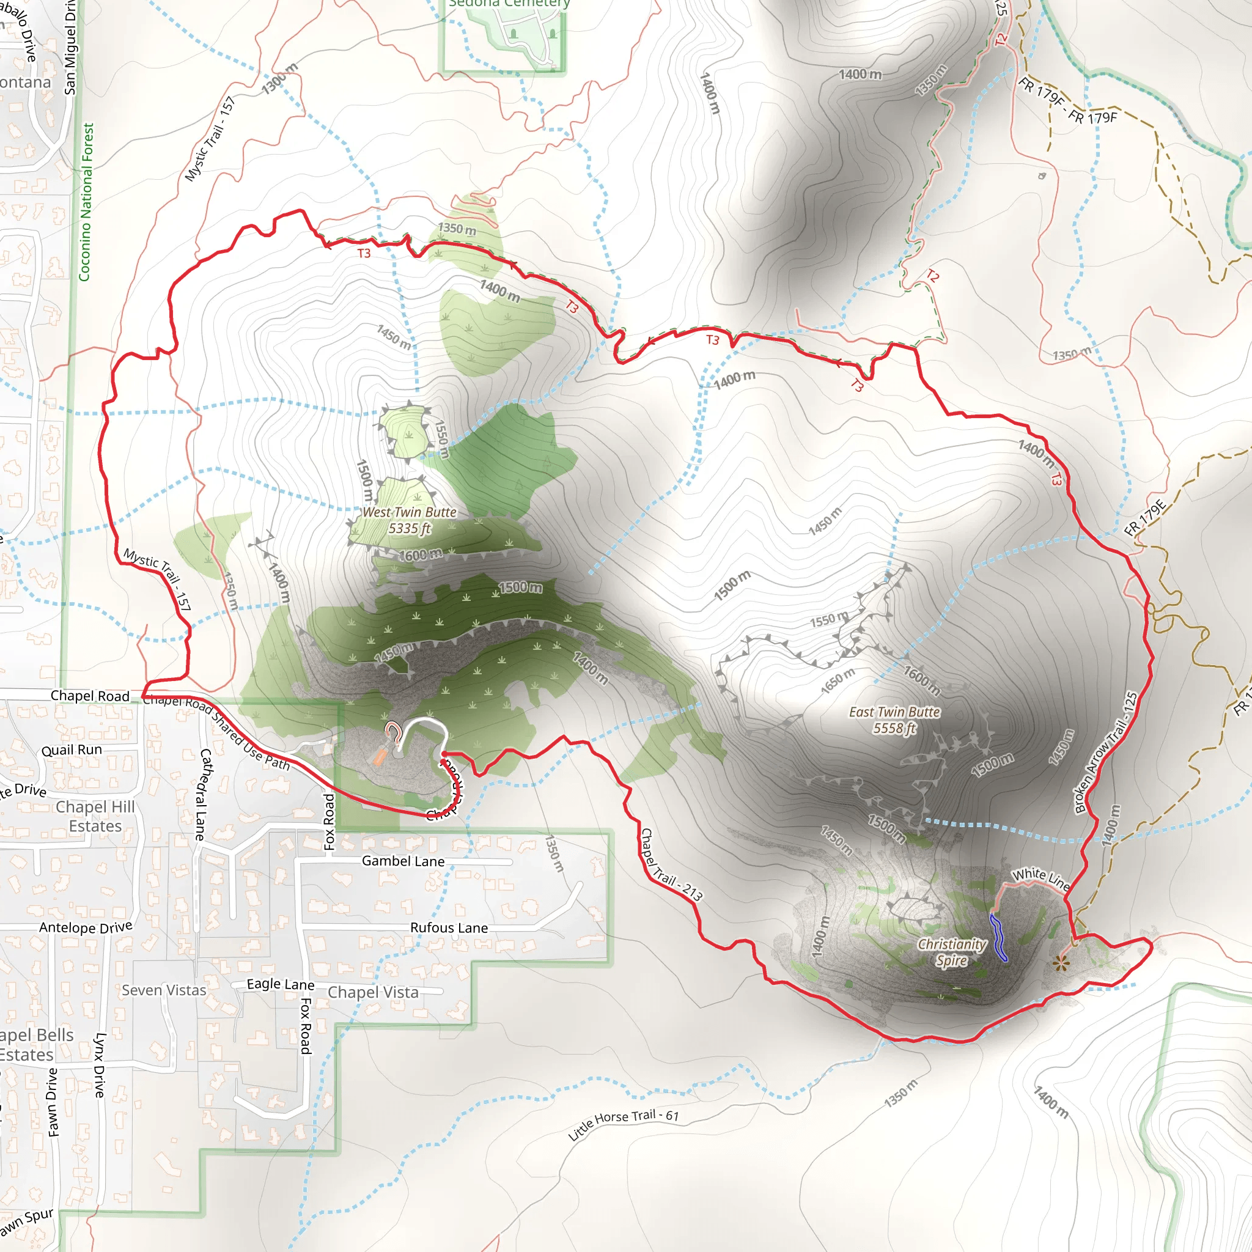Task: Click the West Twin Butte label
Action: pyautogui.click(x=409, y=520)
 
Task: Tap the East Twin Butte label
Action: pyautogui.click(x=894, y=720)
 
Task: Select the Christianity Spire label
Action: pyautogui.click(x=951, y=952)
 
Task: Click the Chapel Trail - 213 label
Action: pyautogui.click(x=671, y=865)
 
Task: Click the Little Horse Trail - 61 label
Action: pyautogui.click(x=624, y=1124)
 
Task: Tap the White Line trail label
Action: pyautogui.click(x=1040, y=878)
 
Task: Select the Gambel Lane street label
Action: pyautogui.click(x=403, y=861)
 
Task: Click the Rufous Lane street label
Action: pyautogui.click(x=449, y=927)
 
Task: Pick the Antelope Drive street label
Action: pyautogui.click(x=86, y=927)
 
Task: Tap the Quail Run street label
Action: pyautogui.click(x=72, y=749)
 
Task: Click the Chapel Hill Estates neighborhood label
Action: pyautogui.click(x=95, y=816)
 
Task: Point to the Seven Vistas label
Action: pyautogui.click(x=164, y=990)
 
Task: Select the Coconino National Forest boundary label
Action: pyautogui.click(x=86, y=202)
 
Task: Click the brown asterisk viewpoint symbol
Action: pyautogui.click(x=1061, y=963)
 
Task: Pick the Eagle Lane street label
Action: pyautogui.click(x=281, y=984)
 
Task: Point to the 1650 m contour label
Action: pyautogui.click(x=838, y=681)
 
